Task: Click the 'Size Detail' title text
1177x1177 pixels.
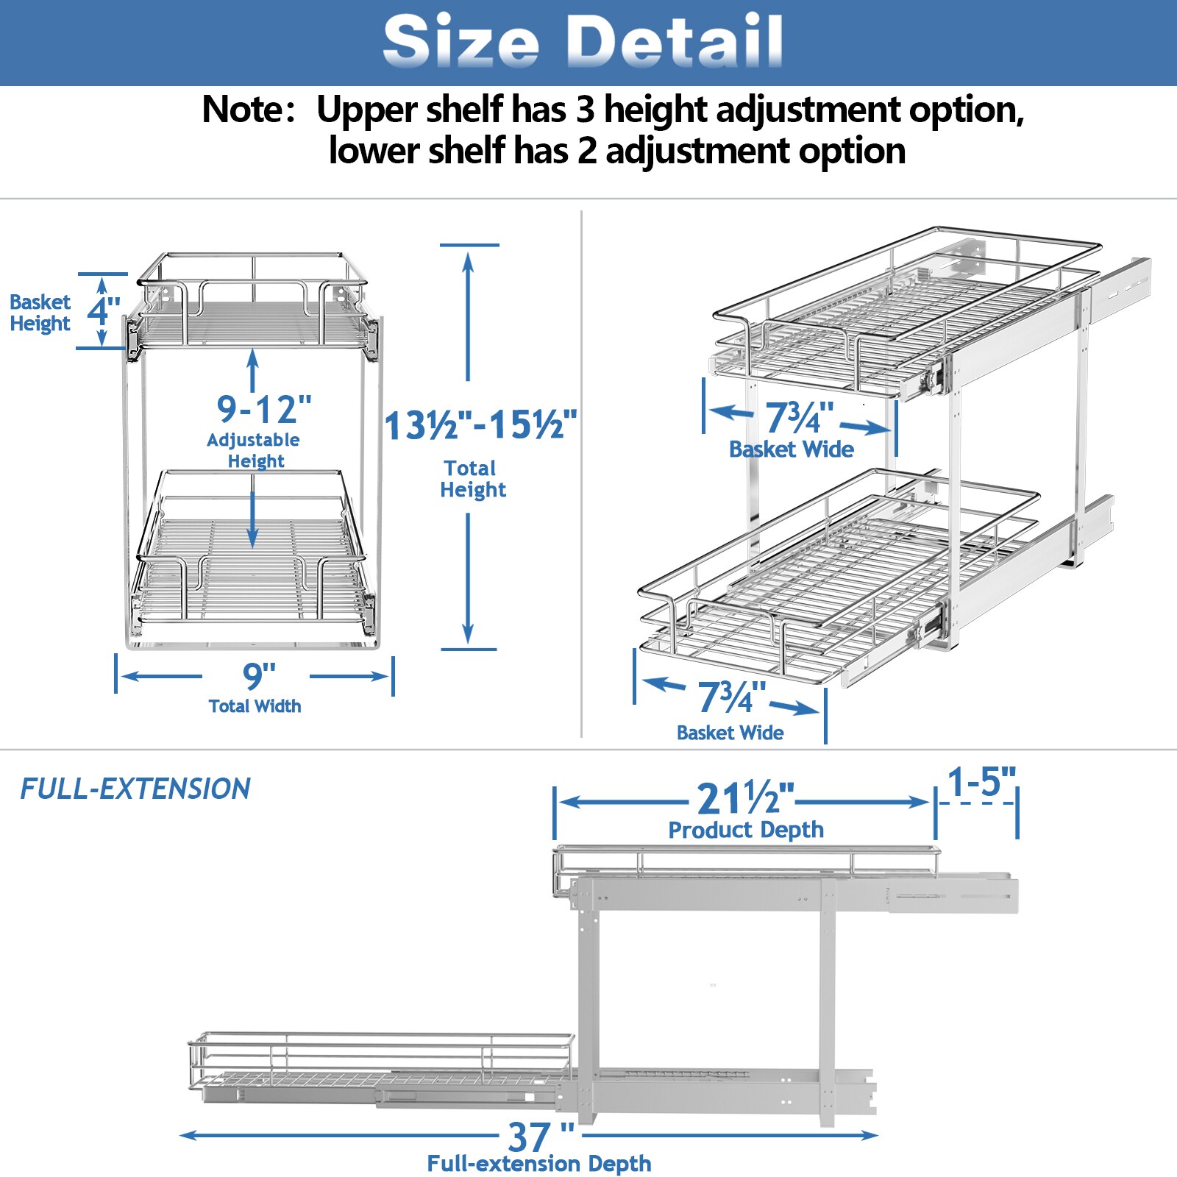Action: coord(583,41)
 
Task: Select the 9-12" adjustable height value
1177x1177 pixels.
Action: coord(263,410)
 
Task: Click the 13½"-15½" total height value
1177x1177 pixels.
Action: coord(480,425)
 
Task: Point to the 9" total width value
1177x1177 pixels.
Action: coord(258,675)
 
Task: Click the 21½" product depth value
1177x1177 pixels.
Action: coord(744,800)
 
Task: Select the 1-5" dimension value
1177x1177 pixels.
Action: coord(981,782)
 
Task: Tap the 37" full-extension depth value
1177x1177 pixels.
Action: coord(539,1137)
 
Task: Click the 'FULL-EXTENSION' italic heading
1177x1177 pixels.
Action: coord(135,789)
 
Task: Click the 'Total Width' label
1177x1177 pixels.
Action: coord(255,706)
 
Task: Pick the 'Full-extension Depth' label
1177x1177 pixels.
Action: coord(538,1164)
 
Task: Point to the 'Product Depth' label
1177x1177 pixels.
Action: coord(745,830)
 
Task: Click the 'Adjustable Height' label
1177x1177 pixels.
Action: coord(254,450)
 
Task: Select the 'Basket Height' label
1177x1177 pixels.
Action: coord(40,313)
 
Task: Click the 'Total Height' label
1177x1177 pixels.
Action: coord(472,479)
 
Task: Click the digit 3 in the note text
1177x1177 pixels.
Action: coord(585,110)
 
